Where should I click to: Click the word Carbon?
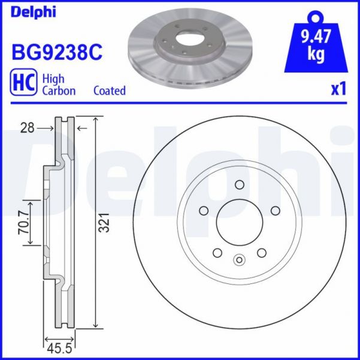point(58,91)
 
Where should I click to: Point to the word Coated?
point(110,91)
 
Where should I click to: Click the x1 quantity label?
point(339,90)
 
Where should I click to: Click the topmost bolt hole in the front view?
point(239,184)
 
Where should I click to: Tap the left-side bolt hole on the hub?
point(202,210)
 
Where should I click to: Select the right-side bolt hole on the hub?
point(276,210)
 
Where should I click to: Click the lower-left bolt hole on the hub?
point(217,253)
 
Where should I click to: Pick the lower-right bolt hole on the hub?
point(261,253)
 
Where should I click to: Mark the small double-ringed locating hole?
point(239,260)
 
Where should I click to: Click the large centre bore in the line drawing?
point(239,223)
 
